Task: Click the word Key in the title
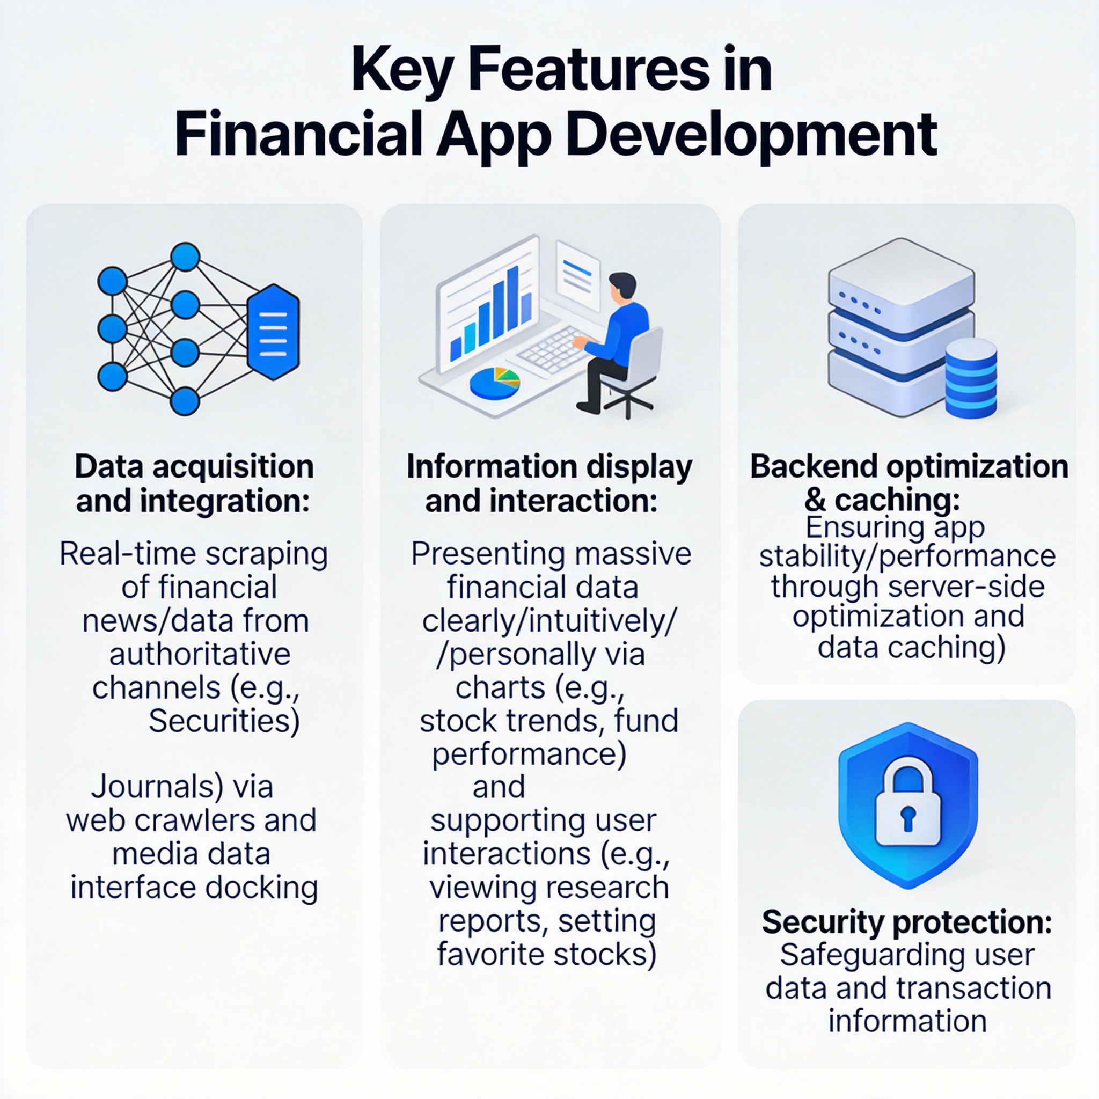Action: (402, 73)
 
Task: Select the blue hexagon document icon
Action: (274, 332)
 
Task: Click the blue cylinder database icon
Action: (971, 378)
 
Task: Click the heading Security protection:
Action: (907, 922)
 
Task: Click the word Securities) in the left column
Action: (224, 722)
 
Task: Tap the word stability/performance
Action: (907, 556)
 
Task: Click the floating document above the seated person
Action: (578, 275)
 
